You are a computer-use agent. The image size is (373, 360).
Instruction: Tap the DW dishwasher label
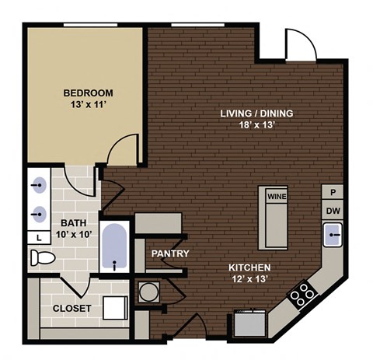[x=332, y=210]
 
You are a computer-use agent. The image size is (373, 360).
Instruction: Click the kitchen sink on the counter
[x=333, y=232]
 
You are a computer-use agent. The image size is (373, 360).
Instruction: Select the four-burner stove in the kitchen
[x=302, y=293]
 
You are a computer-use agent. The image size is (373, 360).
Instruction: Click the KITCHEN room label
[x=249, y=268]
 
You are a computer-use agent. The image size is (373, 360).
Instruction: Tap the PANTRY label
[x=170, y=253]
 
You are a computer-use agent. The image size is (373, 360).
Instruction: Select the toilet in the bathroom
[x=42, y=257]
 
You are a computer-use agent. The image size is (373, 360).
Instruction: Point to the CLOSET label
[x=71, y=308]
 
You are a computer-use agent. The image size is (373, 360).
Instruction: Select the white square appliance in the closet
[x=117, y=308]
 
